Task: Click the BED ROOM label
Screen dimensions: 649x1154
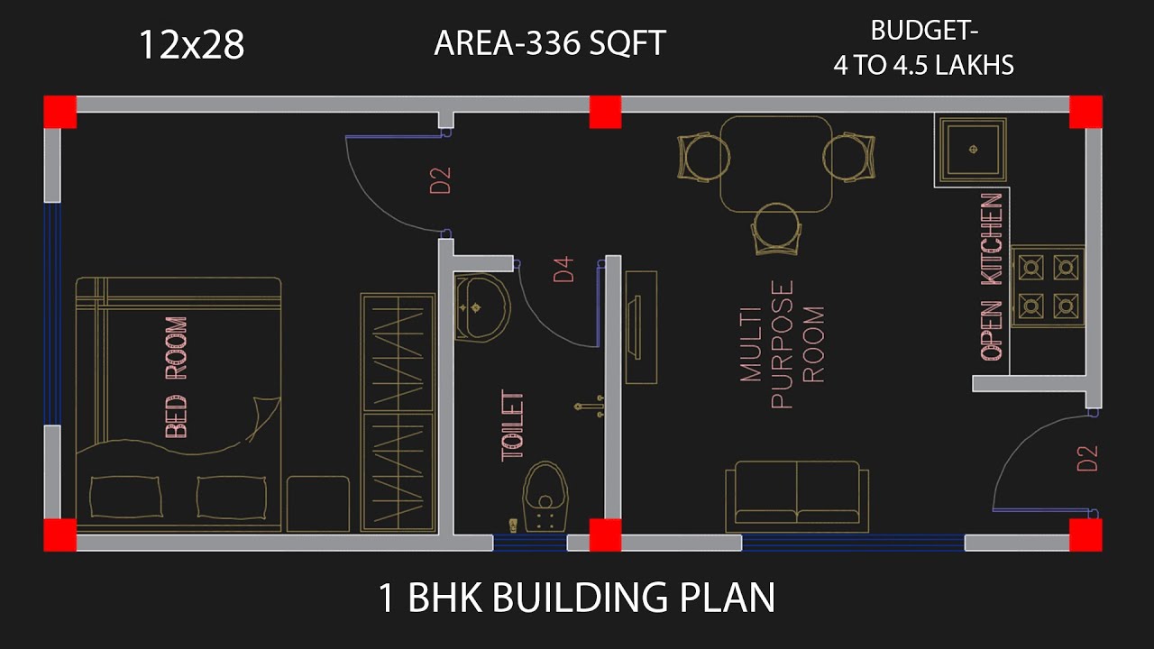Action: [x=177, y=377]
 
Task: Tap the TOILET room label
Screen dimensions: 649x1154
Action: [x=512, y=425]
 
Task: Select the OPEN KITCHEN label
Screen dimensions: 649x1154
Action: [x=991, y=277]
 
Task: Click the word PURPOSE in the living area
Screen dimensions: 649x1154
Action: [x=782, y=343]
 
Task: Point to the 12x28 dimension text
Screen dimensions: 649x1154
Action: [x=191, y=45]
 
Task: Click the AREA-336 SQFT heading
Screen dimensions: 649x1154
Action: [x=549, y=42]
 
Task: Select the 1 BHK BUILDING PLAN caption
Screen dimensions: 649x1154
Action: [x=577, y=599]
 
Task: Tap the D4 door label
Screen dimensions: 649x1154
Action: [x=564, y=270]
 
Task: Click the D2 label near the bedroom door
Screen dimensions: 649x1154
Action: [x=440, y=180]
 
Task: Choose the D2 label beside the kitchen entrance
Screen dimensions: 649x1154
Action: [x=1088, y=458]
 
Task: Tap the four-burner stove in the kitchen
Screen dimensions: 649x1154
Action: [x=1047, y=286]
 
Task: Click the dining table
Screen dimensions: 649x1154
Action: [x=775, y=164]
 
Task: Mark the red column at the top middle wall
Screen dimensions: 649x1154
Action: [x=605, y=113]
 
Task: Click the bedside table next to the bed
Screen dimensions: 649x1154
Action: [x=318, y=502]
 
